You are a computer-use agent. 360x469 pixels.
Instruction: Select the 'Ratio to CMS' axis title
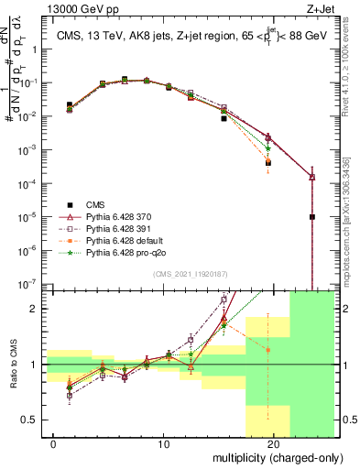click(x=11, y=364)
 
